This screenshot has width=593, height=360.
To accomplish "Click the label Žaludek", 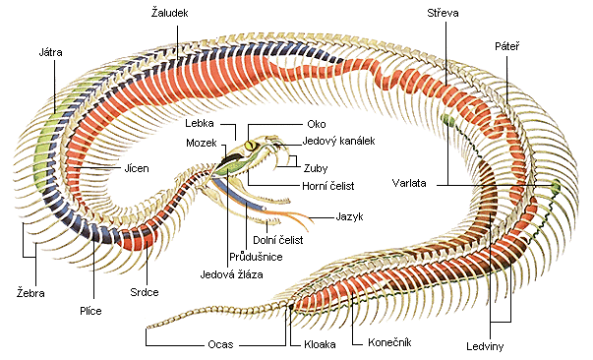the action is tap(169, 13).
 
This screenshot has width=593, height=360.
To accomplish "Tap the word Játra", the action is tap(51, 52).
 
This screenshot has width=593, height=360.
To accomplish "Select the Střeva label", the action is tap(443, 13).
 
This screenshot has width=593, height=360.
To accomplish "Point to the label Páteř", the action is tap(507, 46).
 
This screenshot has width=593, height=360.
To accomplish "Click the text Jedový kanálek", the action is tap(339, 141).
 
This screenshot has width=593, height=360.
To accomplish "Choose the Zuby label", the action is tap(316, 168).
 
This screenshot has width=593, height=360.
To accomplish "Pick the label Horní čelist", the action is tap(328, 186).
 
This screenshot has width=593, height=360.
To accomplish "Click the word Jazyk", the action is tap(349, 216).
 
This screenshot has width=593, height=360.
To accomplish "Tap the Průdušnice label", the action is tap(256, 257).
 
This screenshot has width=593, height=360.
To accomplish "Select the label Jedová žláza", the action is tap(231, 274).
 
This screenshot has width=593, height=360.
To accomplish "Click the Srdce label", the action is tap(145, 292).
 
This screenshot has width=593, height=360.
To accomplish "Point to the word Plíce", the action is tap(90, 311).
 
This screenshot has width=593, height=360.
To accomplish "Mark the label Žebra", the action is tap(30, 293).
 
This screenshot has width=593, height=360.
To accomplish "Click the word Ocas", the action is tap(220, 344).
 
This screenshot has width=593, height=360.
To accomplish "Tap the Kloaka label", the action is tap(320, 344).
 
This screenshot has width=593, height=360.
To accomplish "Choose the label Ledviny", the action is tap(485, 346).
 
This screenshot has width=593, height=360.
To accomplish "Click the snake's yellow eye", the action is tap(251, 145).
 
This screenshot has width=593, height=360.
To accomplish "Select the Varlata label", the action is tap(409, 183).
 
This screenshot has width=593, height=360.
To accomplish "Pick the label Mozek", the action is tap(202, 143).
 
